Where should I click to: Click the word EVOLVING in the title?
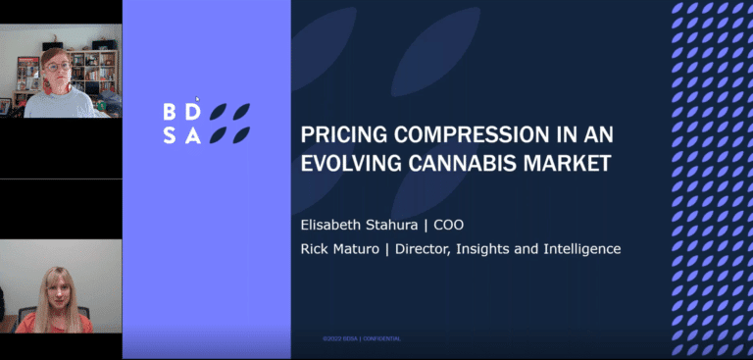355,163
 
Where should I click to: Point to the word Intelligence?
580,249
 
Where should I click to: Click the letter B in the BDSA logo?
170,112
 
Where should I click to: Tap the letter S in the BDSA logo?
170,136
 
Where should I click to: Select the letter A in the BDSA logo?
193,136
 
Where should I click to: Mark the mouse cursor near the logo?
197,99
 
